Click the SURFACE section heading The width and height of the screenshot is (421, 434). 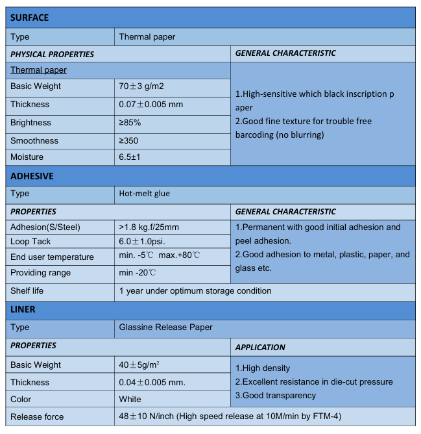[29, 18]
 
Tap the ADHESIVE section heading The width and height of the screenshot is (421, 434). [32, 176]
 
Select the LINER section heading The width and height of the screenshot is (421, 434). [23, 309]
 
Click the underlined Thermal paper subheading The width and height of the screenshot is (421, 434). [38, 70]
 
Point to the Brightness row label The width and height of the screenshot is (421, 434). [30, 122]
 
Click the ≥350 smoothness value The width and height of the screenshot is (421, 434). [128, 140]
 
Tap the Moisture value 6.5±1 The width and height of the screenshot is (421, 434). [130, 157]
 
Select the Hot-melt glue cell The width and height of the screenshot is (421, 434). [145, 194]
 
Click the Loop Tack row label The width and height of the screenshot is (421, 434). [30, 242]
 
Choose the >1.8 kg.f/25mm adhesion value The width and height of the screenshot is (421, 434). [149, 227]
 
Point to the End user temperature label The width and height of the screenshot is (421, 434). [52, 257]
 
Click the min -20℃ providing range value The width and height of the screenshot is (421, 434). [138, 273]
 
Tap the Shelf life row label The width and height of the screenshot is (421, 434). [27, 290]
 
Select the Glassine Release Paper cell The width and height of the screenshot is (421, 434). [165, 327]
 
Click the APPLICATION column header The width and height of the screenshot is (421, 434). [260, 347]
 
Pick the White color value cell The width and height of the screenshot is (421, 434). [130, 399]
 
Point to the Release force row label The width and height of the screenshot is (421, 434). [37, 416]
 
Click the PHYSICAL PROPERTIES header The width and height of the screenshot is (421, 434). [52, 54]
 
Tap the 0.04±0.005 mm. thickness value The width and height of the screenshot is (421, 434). [152, 382]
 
